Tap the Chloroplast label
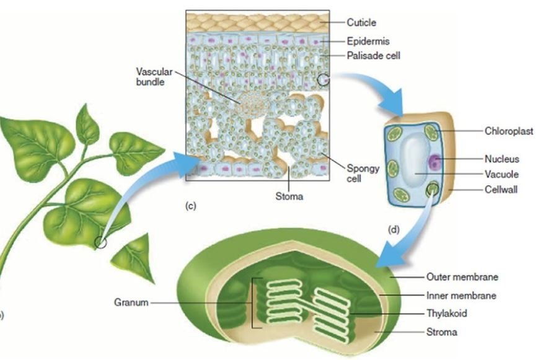508,131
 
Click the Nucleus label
502,160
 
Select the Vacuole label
502,174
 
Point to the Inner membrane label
461,296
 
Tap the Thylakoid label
446,314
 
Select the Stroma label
441,332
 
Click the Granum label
131,303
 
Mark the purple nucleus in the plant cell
435,164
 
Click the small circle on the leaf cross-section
323,80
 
